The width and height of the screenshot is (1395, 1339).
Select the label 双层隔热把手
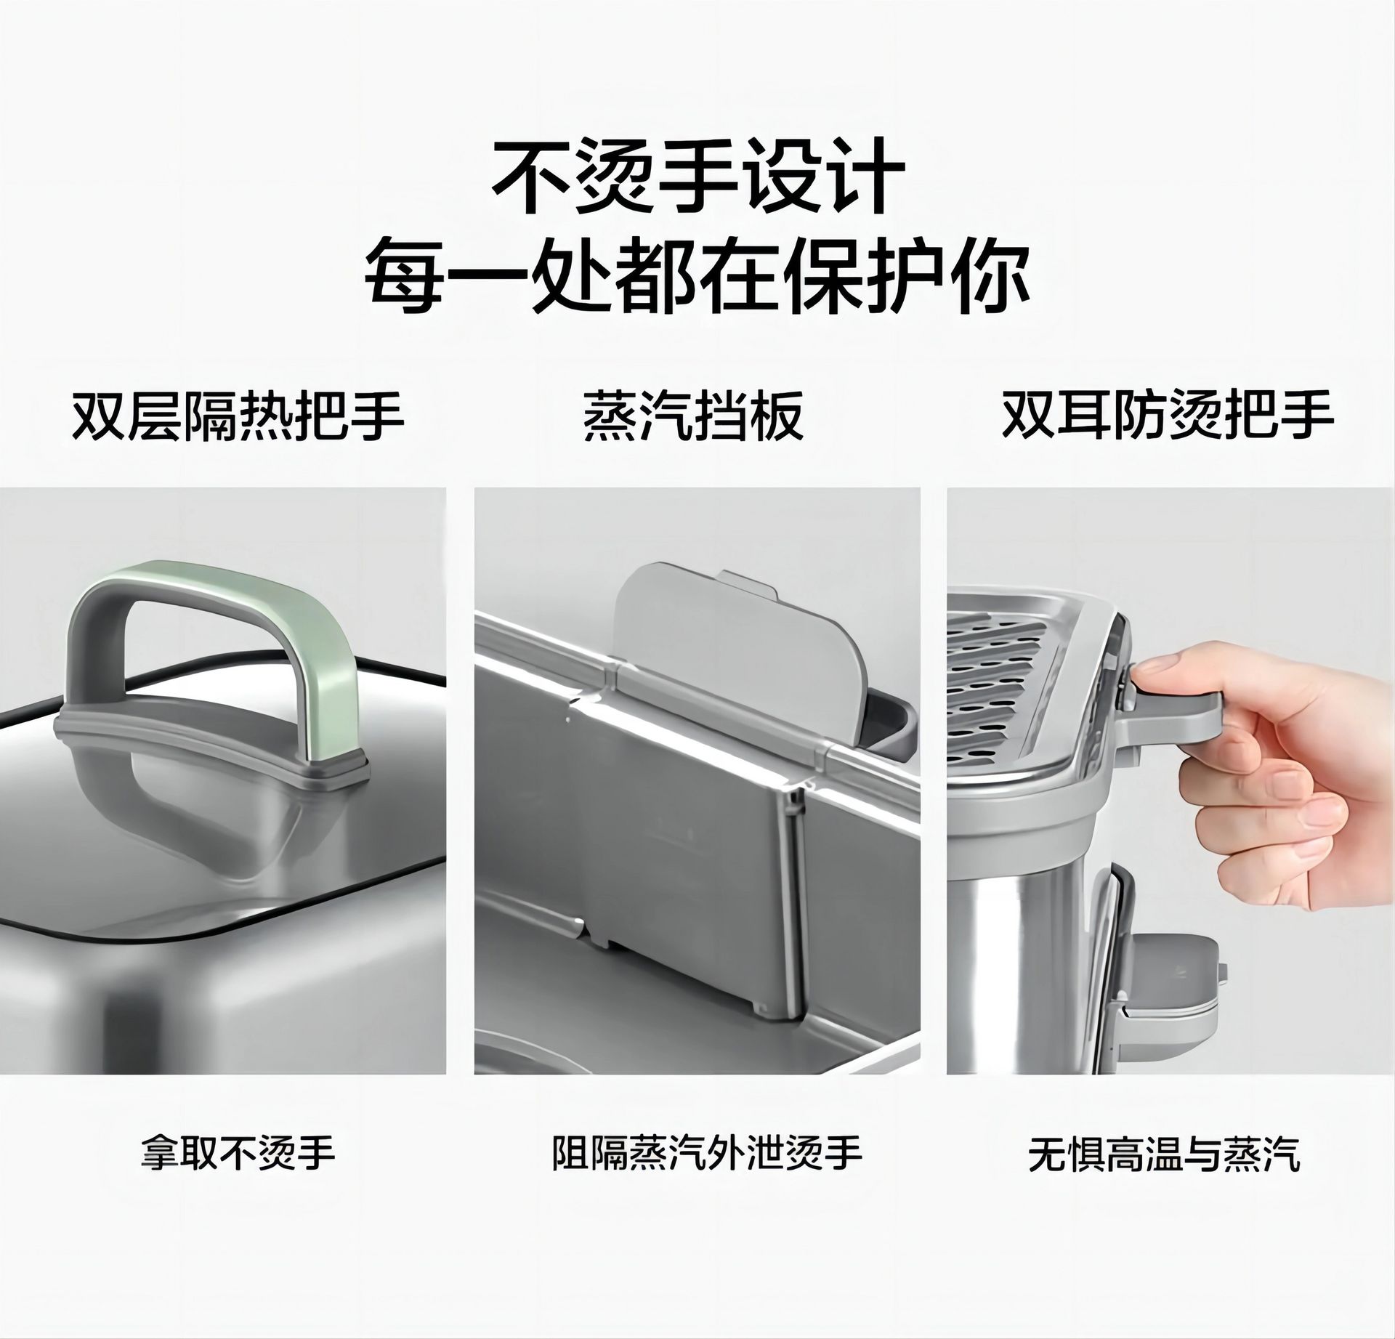pyautogui.click(x=238, y=416)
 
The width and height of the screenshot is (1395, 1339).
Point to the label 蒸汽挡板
pyautogui.click(x=694, y=416)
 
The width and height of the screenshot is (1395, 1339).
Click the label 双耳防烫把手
pyautogui.click(x=1168, y=415)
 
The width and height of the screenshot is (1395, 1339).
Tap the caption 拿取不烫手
pyautogui.click(x=238, y=1152)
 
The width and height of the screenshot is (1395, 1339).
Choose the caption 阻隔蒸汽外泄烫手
pyautogui.click(x=707, y=1152)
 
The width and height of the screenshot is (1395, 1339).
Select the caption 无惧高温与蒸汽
pyautogui.click(x=1165, y=1153)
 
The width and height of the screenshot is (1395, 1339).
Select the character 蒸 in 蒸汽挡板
pyautogui.click(x=610, y=416)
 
